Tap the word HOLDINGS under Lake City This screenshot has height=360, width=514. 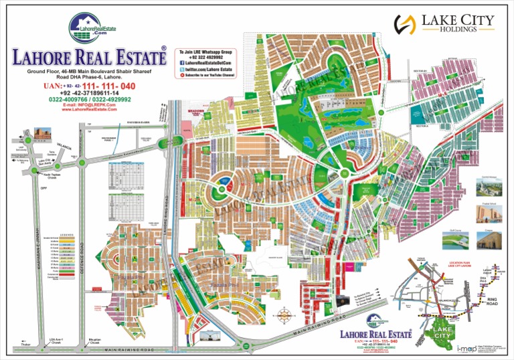click(458, 30)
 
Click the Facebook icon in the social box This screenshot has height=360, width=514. click(181, 64)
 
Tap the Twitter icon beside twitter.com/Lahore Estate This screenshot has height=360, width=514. click(181, 70)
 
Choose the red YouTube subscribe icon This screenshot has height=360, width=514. click(181, 76)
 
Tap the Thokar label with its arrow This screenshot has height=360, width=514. click(27, 345)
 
